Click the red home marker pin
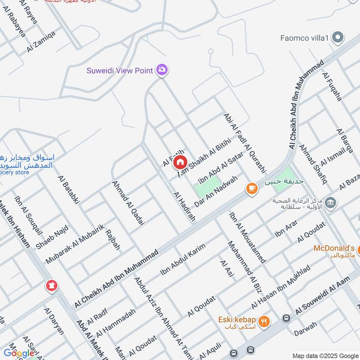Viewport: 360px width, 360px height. pyautogui.click(x=180, y=162)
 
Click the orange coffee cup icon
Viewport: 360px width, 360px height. pyautogui.click(x=251, y=188)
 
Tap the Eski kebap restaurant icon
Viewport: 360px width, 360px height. pyautogui.click(x=264, y=321)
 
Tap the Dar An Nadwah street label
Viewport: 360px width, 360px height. pyautogui.click(x=216, y=191)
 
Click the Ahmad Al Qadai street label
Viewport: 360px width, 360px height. pyautogui.click(x=122, y=199)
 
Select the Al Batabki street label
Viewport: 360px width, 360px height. pyautogui.click(x=68, y=189)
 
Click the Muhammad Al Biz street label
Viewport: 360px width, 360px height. pyautogui.click(x=244, y=264)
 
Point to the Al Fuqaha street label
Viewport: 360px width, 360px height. pyautogui.click(x=332, y=86)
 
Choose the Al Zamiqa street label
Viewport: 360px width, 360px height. pyautogui.click(x=41, y=41)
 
